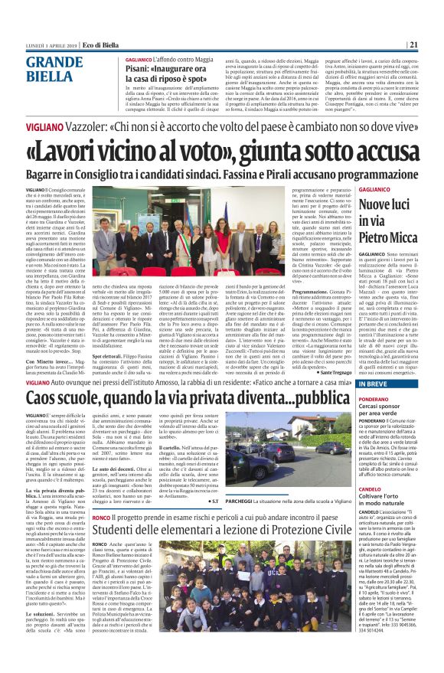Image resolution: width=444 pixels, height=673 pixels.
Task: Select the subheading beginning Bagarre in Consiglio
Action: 222,175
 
